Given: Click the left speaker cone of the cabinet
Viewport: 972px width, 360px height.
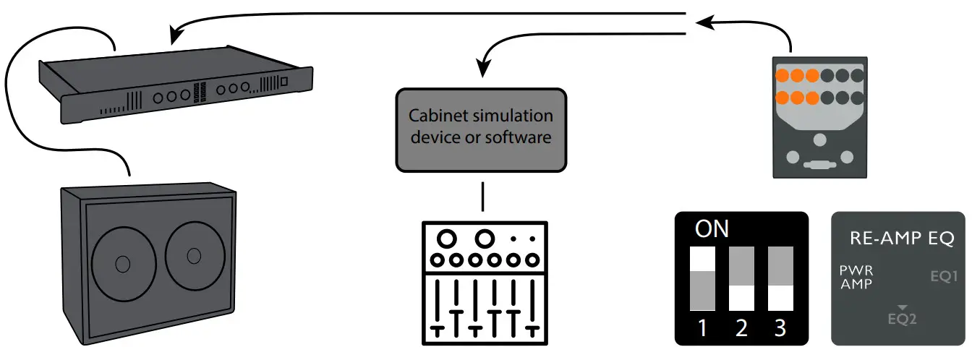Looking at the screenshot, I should coord(123,261).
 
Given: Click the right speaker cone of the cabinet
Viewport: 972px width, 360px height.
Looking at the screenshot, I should coord(192,256).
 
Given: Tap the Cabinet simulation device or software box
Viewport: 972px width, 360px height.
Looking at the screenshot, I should coord(481,130).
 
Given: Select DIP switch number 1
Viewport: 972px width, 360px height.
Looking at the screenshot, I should coord(703,278).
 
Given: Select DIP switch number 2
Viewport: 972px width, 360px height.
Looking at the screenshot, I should coord(741,278).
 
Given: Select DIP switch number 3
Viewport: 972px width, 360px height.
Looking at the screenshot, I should coord(780,278).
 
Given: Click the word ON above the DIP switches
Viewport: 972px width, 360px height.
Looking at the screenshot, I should coord(712,230).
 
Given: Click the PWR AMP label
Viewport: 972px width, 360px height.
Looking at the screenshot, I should coord(856,278).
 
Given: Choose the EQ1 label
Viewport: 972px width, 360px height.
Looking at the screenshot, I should coord(943,276).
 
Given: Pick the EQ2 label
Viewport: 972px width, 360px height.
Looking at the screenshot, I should coord(902,319).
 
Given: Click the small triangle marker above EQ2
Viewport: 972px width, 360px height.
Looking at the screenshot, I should coord(901,308).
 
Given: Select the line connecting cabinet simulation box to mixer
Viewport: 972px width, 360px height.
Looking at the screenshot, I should coord(482,196).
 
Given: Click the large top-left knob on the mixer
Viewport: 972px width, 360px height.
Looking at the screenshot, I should coord(446,238).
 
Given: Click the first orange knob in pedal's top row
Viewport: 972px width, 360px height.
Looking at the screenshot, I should coord(783,74).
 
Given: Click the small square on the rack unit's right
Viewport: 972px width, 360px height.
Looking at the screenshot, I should coord(284,82).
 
